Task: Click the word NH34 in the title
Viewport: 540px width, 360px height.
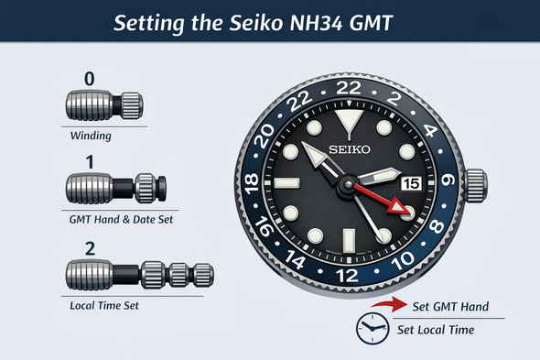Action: click(317, 23)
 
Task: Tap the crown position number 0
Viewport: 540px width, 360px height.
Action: click(89, 79)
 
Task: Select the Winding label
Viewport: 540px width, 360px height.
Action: click(91, 136)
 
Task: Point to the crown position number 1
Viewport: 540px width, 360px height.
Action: click(90, 162)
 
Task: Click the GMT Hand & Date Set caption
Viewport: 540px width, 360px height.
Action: click(121, 220)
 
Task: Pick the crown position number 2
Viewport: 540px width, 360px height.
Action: click(90, 248)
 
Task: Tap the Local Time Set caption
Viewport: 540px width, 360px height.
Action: click(104, 306)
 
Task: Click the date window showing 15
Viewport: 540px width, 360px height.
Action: click(411, 183)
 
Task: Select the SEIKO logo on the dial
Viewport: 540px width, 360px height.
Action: click(350, 149)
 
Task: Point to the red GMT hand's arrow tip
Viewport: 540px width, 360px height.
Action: click(405, 211)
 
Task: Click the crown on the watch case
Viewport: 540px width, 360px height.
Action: click(476, 186)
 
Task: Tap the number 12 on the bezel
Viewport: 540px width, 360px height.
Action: click(347, 276)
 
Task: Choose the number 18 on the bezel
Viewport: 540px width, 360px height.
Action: click(252, 183)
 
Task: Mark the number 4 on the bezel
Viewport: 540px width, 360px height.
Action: click(429, 131)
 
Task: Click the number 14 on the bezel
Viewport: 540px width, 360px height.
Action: click(295, 259)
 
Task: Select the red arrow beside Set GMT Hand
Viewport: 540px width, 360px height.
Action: click(389, 304)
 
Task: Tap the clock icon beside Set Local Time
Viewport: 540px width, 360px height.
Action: click(373, 329)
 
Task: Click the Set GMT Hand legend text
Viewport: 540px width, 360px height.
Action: click(450, 306)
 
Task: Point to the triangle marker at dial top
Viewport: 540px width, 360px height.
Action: click(349, 120)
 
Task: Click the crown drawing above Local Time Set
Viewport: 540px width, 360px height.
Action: click(139, 275)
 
